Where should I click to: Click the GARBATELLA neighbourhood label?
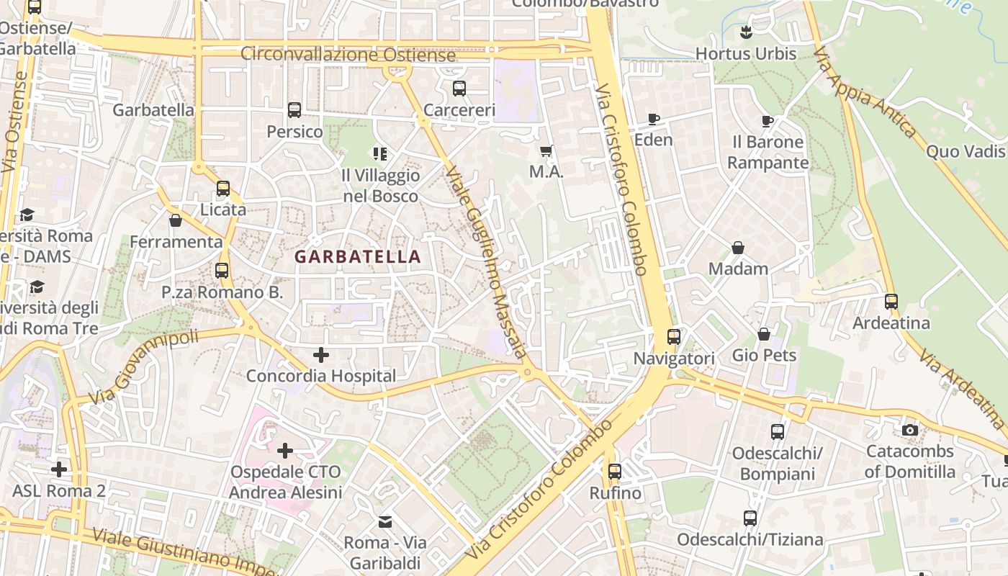coord(358,256)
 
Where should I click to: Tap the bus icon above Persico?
coord(294,110)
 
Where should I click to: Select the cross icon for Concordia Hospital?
coord(321,354)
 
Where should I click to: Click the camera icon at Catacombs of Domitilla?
coord(910,430)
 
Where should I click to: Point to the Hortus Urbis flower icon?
coord(746,32)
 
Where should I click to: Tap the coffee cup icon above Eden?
coord(654,119)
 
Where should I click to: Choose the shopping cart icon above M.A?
coord(546,151)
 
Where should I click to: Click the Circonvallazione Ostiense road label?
coord(348,54)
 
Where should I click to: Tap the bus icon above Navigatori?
coord(674,337)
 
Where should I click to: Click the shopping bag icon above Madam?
coord(738,248)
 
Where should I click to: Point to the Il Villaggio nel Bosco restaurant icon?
coord(380,153)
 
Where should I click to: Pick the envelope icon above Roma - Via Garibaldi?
coord(385,521)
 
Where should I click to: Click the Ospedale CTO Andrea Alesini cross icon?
coord(285,451)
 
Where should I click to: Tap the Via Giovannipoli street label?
coord(144,368)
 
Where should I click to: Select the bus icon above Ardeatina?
coord(891,302)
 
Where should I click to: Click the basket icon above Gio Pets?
coord(764,334)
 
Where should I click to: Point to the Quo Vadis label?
coord(965,151)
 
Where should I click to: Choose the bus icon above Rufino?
coord(615,472)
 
